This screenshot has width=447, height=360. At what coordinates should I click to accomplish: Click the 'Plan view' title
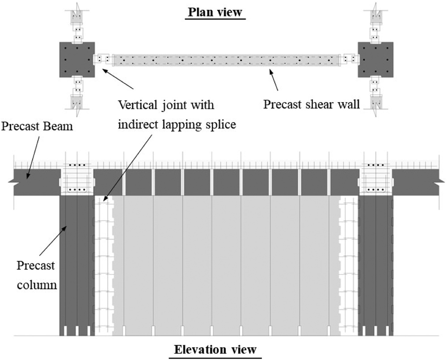[215, 12]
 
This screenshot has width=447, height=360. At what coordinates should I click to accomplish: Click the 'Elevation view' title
[215, 349]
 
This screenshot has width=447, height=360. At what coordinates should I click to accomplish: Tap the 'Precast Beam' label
[37, 126]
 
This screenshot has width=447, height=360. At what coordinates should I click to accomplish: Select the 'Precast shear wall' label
[311, 105]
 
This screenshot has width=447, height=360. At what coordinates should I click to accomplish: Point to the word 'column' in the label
[37, 285]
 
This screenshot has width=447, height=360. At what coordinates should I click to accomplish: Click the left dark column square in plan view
[77, 60]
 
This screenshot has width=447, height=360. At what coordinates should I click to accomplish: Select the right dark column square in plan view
[375, 60]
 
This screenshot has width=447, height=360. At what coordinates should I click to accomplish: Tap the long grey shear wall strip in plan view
[226, 60]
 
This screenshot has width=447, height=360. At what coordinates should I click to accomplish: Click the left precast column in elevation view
[77, 265]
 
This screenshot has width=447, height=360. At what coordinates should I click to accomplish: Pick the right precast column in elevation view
[375, 265]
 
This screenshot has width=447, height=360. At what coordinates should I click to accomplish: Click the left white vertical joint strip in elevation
[104, 265]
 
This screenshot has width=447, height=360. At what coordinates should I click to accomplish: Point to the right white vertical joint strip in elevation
[348, 265]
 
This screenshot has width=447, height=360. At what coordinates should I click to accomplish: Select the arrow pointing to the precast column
[53, 241]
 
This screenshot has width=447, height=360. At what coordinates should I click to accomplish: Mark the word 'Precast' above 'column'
[36, 265]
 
